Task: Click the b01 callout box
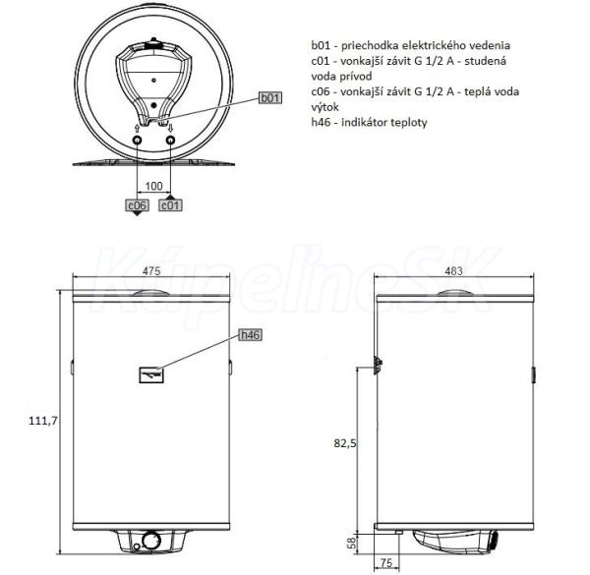tap(270, 97)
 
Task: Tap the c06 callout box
tap(137, 205)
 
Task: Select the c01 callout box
tap(170, 205)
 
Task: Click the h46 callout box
tap(251, 335)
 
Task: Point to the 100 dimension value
tap(153, 186)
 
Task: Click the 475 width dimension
tap(151, 270)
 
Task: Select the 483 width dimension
tap(453, 270)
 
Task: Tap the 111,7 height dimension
tap(43, 421)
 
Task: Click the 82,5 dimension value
tap(345, 443)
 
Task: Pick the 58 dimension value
tap(351, 543)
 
